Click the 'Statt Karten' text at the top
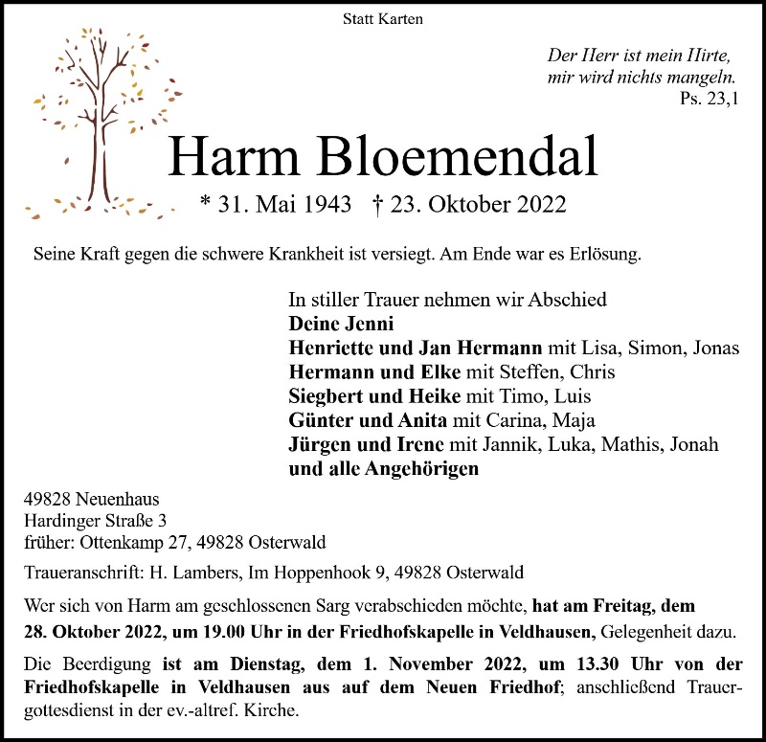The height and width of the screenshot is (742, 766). click(x=382, y=18)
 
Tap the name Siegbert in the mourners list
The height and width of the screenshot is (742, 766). click(x=325, y=396)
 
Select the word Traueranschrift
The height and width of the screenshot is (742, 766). click(x=81, y=573)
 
